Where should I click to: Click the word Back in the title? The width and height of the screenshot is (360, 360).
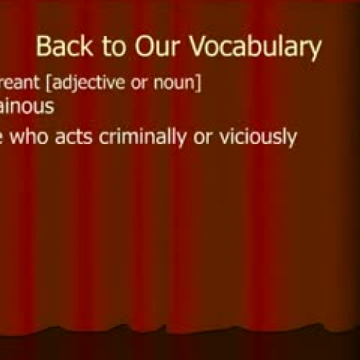pos(63,48)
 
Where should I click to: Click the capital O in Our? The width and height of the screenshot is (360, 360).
pos(138,48)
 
